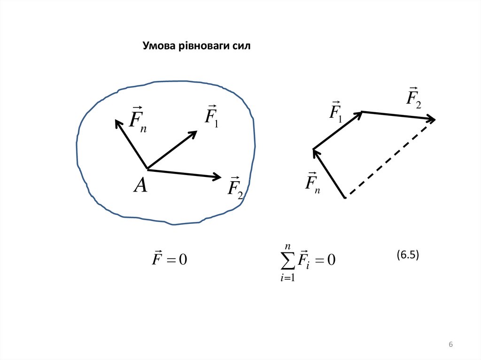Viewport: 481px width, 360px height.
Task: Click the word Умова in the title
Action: (157, 46)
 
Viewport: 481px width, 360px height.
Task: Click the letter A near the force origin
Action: (140, 186)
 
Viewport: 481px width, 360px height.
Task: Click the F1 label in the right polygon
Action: (335, 112)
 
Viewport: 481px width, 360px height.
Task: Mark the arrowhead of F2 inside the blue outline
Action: (217, 177)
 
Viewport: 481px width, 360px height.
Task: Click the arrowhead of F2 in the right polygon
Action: (431, 120)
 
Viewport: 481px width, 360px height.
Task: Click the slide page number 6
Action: (450, 345)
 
